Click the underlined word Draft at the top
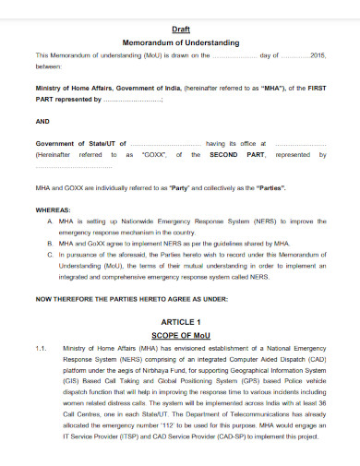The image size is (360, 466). pos(181,29)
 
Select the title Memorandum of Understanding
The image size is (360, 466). pos(181,42)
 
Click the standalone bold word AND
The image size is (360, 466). pos(42,120)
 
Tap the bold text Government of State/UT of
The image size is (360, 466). pos(79,144)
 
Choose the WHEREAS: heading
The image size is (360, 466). pos(53,210)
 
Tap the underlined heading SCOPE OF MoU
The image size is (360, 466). pos(181,337)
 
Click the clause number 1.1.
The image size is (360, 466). pos(42,349)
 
